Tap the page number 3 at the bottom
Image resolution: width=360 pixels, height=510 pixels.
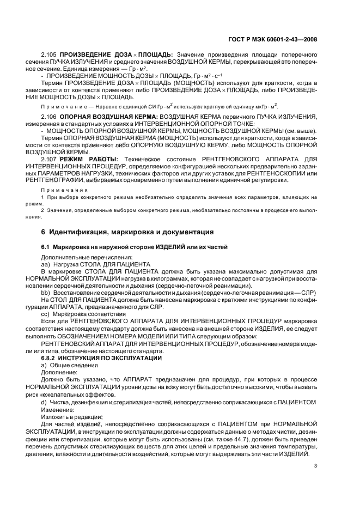316,465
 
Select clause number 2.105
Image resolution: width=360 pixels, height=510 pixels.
49,55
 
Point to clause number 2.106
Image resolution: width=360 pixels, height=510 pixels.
49,117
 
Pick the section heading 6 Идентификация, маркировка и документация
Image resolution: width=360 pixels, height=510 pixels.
127,232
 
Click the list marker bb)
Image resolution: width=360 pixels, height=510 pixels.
45,293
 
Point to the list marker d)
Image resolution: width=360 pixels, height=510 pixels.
44,402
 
